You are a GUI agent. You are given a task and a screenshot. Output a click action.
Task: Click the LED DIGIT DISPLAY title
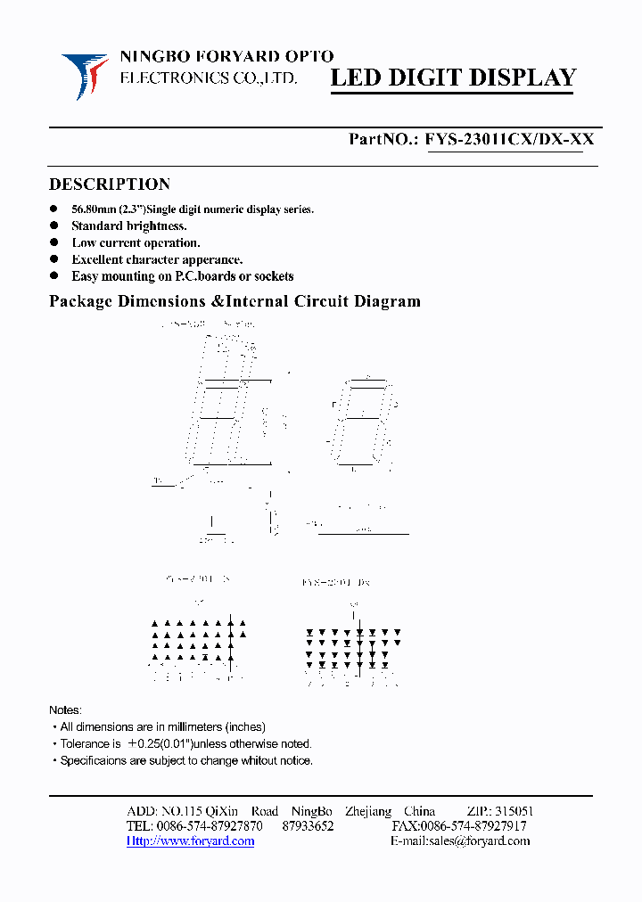pos(453,78)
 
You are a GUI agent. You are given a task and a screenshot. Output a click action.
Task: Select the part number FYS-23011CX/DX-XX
pos(510,139)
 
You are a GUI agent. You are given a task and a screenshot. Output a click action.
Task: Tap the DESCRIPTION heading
pos(109,184)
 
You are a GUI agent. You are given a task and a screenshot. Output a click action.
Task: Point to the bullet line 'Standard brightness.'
pos(129,226)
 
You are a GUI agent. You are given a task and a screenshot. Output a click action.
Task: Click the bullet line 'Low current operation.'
pos(136,242)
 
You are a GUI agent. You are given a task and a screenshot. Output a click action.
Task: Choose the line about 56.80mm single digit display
pos(193,209)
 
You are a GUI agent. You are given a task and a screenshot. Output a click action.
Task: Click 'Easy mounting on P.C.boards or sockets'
pos(182,276)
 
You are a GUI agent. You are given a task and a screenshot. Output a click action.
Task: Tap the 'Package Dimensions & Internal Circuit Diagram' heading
pos(235,301)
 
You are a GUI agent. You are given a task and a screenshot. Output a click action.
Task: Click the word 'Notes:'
pos(65,710)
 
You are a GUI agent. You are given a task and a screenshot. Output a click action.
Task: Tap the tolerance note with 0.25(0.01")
pos(185,743)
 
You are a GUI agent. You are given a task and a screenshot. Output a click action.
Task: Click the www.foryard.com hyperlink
pos(190,840)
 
